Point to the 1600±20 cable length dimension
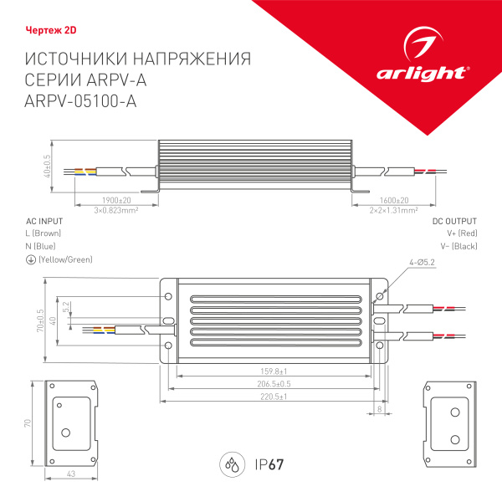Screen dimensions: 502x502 pyautogui.click(x=394, y=201)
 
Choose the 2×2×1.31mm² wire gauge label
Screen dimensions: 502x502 pyautogui.click(x=394, y=210)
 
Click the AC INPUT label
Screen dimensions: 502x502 pyautogui.click(x=45, y=221)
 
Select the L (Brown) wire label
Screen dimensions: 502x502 pyautogui.click(x=44, y=233)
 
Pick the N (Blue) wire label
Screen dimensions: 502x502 pyautogui.click(x=42, y=247)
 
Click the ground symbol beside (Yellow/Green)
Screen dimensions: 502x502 pyautogui.click(x=31, y=260)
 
